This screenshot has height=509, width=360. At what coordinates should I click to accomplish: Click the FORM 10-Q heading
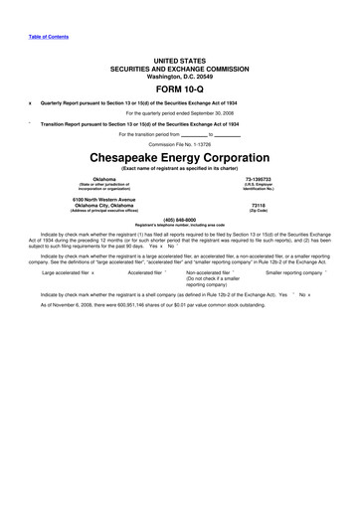click(179, 87)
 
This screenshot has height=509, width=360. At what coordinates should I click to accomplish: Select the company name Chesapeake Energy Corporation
click(179, 158)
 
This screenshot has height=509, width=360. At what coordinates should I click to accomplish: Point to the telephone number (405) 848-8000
click(179, 218)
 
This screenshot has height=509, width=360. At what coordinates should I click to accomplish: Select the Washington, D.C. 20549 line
click(179, 75)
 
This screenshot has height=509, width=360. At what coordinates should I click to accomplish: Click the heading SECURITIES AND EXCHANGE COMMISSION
click(179, 68)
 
